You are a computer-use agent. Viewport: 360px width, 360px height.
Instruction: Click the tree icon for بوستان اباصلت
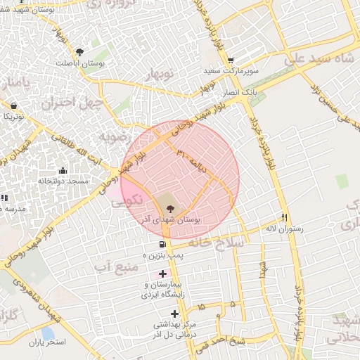coord(79,52)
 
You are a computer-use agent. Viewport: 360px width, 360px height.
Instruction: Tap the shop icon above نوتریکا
coord(13,105)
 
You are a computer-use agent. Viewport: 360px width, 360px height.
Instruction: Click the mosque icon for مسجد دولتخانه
coord(63,170)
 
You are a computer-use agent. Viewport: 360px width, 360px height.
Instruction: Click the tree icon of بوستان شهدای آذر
coord(169,207)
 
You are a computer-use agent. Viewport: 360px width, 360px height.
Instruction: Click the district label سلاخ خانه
coord(219,242)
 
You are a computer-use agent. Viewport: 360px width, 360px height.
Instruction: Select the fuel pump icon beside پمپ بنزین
coord(153,245)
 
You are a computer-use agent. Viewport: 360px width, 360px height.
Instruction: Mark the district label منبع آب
coord(115,266)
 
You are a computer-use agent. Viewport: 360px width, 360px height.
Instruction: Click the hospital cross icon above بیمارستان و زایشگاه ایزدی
coord(163,274)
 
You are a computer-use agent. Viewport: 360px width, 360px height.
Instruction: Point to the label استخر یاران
coord(47,342)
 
